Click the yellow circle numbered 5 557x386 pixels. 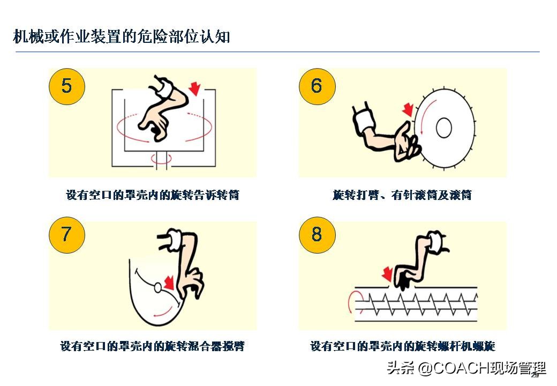click(x=66, y=86)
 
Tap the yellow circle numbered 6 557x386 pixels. click(x=317, y=86)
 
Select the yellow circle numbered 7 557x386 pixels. click(x=66, y=234)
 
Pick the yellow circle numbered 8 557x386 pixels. click(x=317, y=234)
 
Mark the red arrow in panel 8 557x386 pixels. click(x=386, y=274)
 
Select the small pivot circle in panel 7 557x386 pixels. click(x=159, y=288)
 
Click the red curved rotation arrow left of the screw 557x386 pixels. click(x=352, y=302)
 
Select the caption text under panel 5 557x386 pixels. click(x=152, y=195)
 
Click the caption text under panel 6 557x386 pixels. click(x=402, y=195)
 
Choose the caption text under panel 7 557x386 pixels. click(x=152, y=346)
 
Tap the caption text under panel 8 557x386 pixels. click(x=402, y=346)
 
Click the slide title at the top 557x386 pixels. click(x=122, y=37)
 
